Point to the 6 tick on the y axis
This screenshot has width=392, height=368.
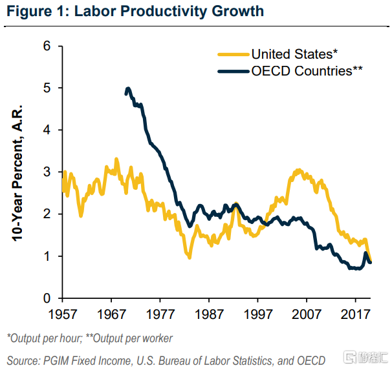coord(47,46)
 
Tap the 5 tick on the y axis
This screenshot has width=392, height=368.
coord(47,88)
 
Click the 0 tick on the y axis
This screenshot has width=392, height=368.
coord(47,298)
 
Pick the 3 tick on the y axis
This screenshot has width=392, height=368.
coord(47,172)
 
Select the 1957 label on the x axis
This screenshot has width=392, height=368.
coord(62,314)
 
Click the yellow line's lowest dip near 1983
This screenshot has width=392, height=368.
coord(190,257)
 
